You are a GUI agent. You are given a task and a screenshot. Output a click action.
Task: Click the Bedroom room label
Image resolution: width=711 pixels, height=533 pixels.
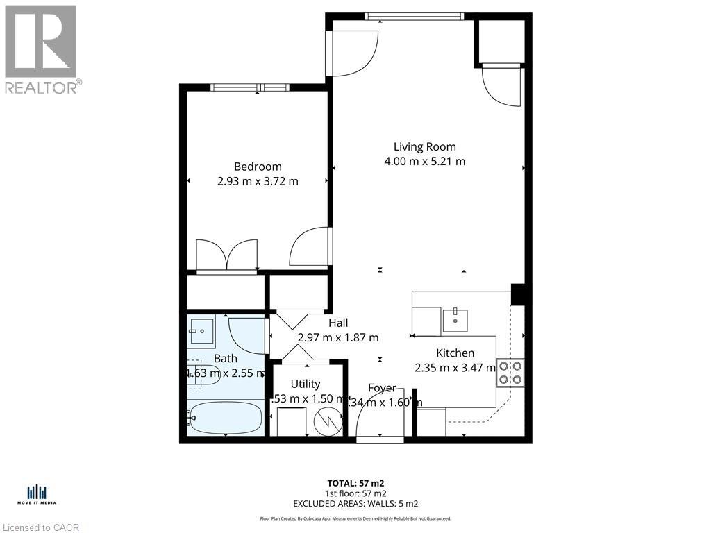tap(258, 167)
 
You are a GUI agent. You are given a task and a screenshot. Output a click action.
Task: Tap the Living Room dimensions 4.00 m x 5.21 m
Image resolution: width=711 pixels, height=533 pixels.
tap(424, 162)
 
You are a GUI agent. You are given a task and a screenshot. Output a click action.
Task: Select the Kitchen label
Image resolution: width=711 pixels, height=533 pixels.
tap(455, 353)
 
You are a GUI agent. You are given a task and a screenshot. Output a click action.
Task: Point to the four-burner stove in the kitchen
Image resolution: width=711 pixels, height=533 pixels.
tap(510, 373)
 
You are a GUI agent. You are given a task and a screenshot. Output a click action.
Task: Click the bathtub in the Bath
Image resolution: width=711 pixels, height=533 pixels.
tap(225, 418)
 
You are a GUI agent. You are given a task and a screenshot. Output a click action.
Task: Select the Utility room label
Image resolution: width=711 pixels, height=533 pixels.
tap(306, 384)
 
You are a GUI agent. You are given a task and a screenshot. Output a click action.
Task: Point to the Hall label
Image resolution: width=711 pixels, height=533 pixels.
tap(338, 323)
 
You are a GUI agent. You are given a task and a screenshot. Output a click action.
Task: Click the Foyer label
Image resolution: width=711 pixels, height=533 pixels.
tap(382, 389)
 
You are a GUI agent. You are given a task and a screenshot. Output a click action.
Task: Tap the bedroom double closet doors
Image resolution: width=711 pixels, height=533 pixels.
tap(227, 255)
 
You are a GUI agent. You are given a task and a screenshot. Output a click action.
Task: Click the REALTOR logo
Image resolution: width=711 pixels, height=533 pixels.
tap(42, 49)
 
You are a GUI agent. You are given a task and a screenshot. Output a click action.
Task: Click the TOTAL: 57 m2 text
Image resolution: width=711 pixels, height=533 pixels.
tap(355, 483)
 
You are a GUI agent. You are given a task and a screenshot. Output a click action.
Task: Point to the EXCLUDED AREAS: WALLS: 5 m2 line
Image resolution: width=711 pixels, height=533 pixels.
tap(355, 504)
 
